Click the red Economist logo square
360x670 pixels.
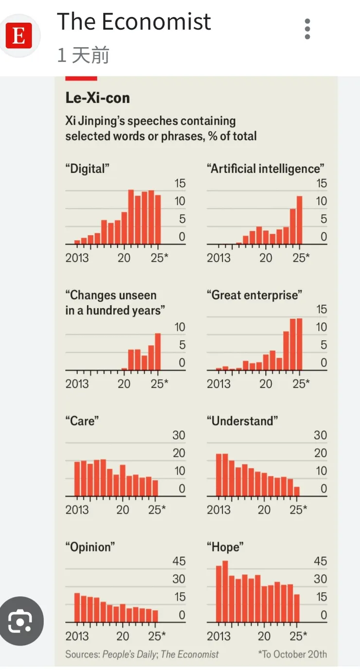[19, 35]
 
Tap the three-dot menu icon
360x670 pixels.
[307, 29]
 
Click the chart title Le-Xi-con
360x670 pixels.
[97, 98]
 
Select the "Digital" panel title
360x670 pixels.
[87, 169]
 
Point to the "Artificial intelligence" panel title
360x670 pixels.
[265, 169]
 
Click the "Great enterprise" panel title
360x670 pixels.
[254, 295]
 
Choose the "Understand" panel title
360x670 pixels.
[242, 421]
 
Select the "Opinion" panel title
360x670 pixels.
[90, 547]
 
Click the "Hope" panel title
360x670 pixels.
[225, 547]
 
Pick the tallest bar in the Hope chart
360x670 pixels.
[225, 591]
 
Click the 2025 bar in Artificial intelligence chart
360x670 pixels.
[299, 220]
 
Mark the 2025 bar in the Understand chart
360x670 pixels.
[297, 491]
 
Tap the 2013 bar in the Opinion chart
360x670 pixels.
[77, 608]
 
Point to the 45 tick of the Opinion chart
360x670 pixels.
[179, 561]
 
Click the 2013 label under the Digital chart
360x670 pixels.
[77, 257]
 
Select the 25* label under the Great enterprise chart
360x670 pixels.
[301, 384]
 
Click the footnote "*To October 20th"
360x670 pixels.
[292, 654]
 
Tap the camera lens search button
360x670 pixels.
[20, 621]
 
